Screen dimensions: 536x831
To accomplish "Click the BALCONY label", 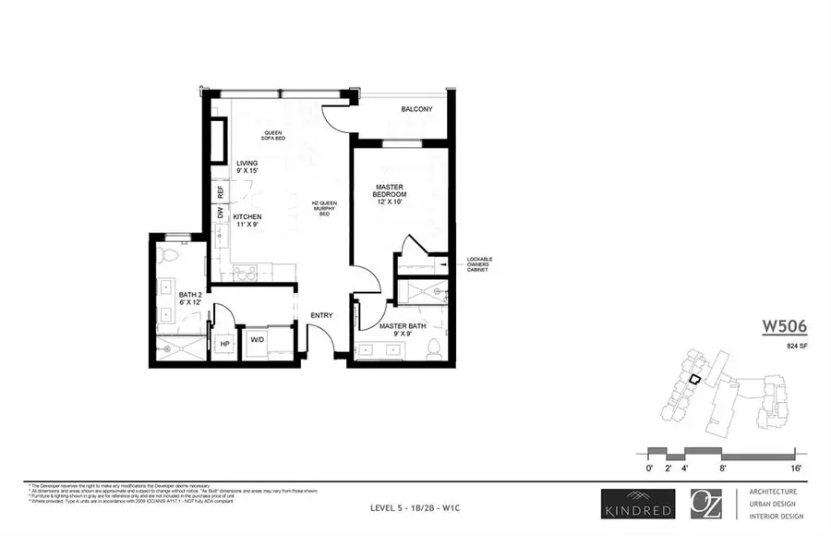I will (x=416, y=110).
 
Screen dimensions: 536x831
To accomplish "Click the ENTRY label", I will (x=321, y=315).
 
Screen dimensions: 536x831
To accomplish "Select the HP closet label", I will (x=224, y=345).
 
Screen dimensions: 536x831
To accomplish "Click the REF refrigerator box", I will (x=220, y=192).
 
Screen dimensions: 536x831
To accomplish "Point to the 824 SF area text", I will (x=786, y=347).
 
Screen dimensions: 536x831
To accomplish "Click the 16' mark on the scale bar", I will (x=794, y=468).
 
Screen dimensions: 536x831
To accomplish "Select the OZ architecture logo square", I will (x=705, y=504).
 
